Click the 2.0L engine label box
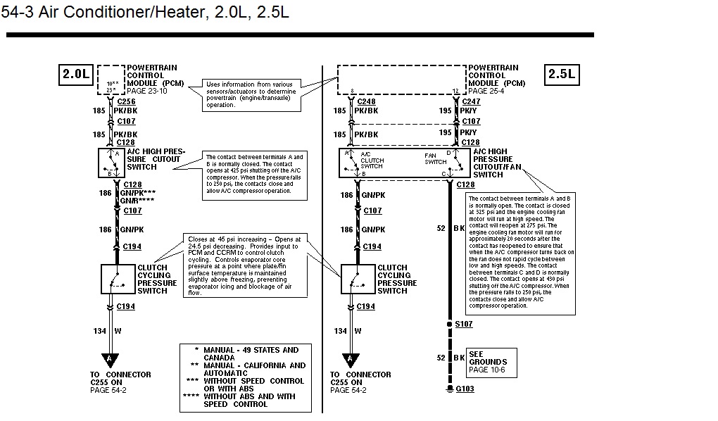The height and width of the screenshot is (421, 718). pyautogui.click(x=77, y=74)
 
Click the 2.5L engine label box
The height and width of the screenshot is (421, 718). pyautogui.click(x=561, y=74)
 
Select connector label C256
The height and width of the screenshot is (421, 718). pyautogui.click(x=127, y=102)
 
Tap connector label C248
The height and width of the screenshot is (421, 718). pyautogui.click(x=366, y=102)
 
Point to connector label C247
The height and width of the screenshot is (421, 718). pyautogui.click(x=471, y=102)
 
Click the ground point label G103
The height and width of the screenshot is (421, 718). pyautogui.click(x=465, y=389)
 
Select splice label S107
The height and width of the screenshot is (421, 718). pyautogui.click(x=465, y=325)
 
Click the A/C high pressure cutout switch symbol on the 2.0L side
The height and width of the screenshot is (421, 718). pyautogui.click(x=111, y=162)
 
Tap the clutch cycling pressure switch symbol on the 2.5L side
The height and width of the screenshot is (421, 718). pyautogui.click(x=358, y=279)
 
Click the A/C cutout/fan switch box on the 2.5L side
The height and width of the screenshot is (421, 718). pyautogui.click(x=404, y=163)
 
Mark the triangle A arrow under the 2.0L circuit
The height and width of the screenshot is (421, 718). pyautogui.click(x=110, y=358)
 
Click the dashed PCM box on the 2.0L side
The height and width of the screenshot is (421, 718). pyautogui.click(x=111, y=80)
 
